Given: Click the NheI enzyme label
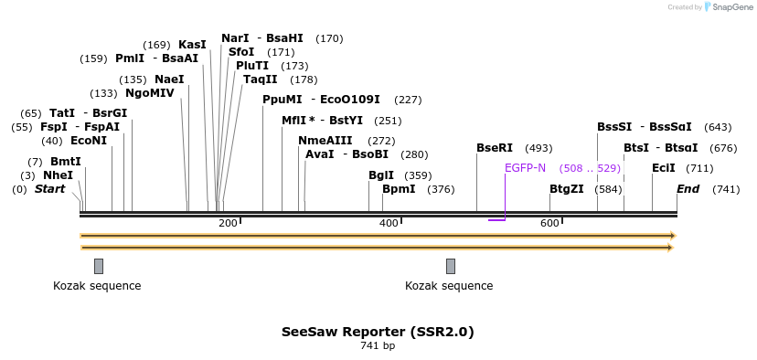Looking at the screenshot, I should click(58, 175).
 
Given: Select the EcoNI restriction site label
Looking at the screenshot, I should click(88, 141).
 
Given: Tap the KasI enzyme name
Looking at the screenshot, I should click(192, 45).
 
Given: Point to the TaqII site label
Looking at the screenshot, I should click(260, 79).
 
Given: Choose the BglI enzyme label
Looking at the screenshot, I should click(381, 175).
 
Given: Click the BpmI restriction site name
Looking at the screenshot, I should click(399, 189).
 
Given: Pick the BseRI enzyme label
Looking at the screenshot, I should click(495, 148).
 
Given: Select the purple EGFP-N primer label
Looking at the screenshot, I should click(525, 168).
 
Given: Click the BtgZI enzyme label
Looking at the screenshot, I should click(566, 189).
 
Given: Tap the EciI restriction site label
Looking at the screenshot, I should click(664, 168).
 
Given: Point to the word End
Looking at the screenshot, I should click(688, 189).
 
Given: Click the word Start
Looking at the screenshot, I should click(49, 189).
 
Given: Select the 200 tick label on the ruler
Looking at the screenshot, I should click(228, 223).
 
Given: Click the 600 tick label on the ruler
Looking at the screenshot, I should click(549, 223).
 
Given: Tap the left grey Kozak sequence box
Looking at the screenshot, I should click(99, 266).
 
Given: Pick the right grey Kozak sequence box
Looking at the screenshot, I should click(451, 266).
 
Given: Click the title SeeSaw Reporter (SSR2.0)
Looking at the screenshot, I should click(378, 332).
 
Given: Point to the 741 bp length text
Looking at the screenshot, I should click(378, 346).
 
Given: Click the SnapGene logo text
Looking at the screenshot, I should click(729, 7).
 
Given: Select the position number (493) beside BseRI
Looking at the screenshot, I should click(538, 148).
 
